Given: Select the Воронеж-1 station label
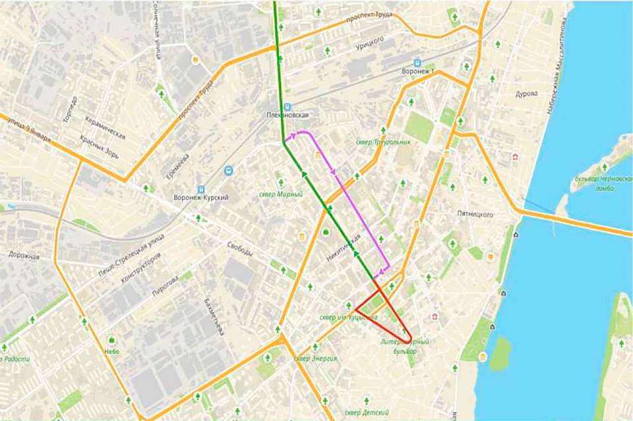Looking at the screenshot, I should click(x=418, y=71).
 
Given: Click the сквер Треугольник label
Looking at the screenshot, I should click(x=382, y=142).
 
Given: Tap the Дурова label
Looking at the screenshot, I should click(x=526, y=94).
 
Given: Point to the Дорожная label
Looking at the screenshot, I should click(x=26, y=256).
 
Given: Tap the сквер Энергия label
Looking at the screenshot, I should click(x=316, y=358).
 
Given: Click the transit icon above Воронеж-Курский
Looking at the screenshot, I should click(x=228, y=170).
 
